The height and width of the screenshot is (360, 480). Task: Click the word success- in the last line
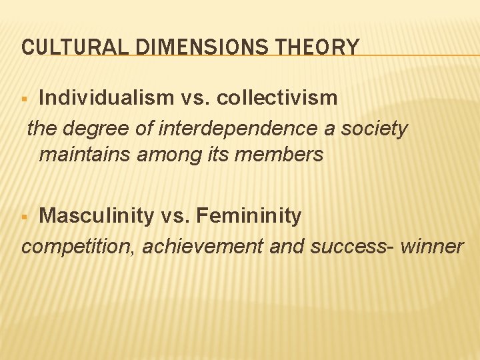(x=351, y=246)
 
